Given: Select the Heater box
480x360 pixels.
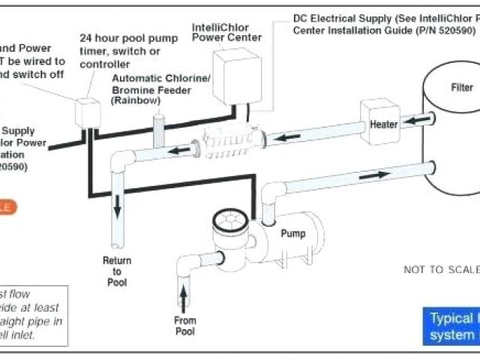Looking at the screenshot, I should point(383,124).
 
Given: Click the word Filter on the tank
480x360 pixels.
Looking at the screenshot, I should point(461,87).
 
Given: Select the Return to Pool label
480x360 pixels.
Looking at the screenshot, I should point(115,272).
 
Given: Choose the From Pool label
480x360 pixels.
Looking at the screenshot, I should point(184,325).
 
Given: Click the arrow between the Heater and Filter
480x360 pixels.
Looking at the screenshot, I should point(418,119).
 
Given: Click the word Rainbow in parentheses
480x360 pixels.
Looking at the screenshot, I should point(135,100).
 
